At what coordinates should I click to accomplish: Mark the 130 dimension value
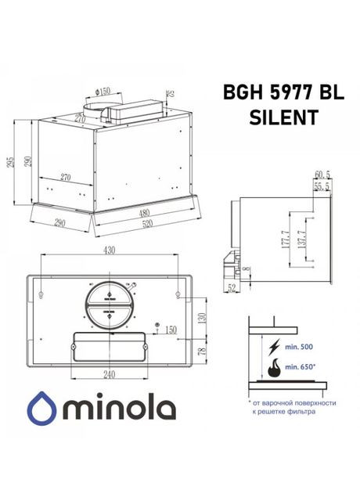(x=202, y=318)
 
